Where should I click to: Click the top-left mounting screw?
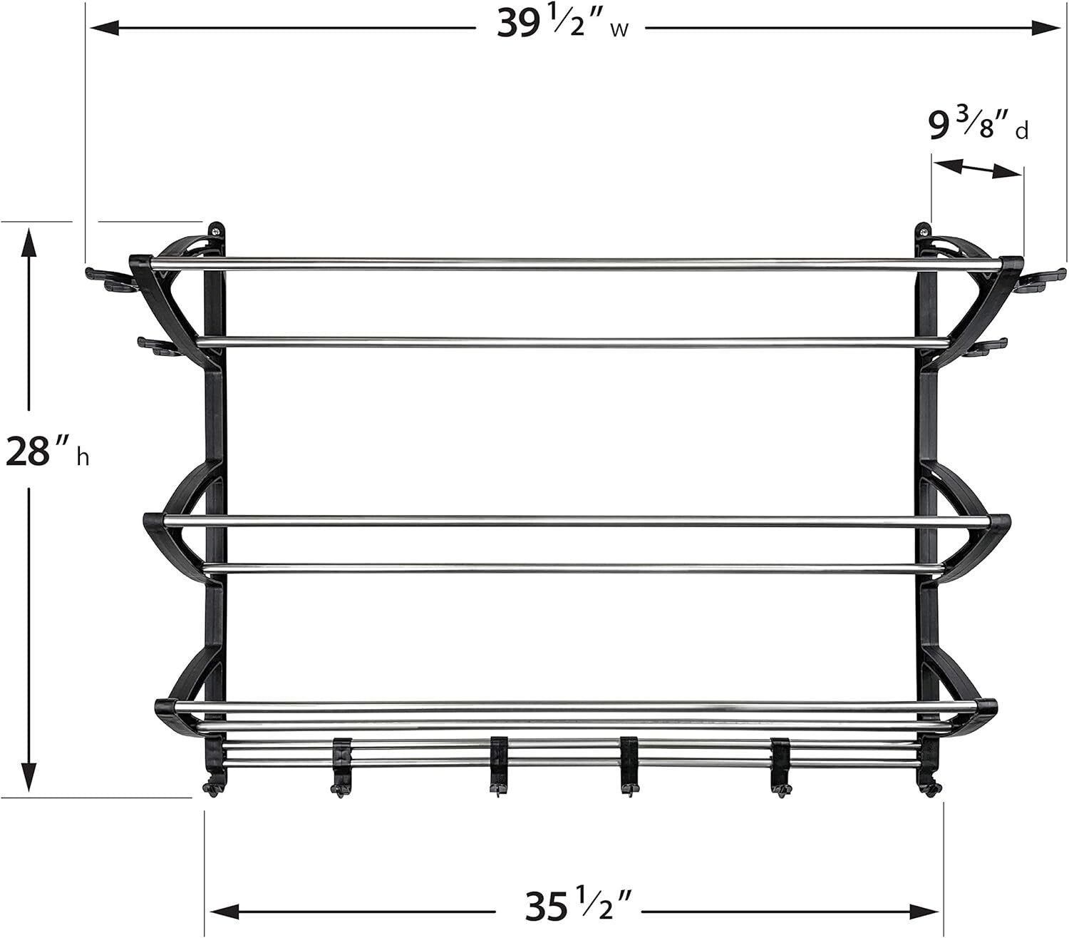point(215,230)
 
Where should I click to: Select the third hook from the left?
point(499,767)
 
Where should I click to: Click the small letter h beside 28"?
point(83,457)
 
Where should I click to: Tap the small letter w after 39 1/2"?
point(619,31)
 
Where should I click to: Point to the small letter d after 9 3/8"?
point(1022,132)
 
